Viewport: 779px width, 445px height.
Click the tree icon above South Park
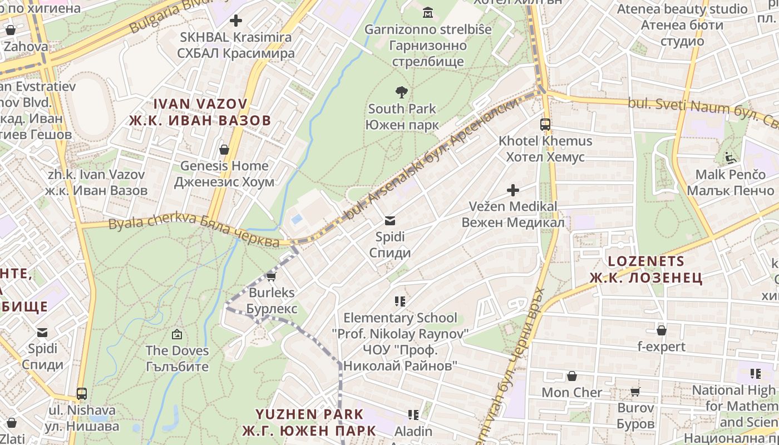(401, 92)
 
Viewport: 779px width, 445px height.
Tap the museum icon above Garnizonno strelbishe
(428, 12)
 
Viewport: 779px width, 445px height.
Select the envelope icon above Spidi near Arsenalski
(390, 221)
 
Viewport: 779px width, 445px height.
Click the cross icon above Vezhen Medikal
(512, 191)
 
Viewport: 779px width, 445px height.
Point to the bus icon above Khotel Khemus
(545, 125)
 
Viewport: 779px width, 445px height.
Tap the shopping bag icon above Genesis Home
(224, 150)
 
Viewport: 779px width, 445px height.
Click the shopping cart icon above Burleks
(271, 276)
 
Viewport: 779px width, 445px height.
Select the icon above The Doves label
(177, 334)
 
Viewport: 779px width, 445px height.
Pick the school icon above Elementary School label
(400, 301)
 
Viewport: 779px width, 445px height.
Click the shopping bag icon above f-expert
(662, 331)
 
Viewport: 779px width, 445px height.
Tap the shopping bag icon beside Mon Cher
(571, 377)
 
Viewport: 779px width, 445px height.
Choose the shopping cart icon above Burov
(635, 392)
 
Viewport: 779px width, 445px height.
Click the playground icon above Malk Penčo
(731, 158)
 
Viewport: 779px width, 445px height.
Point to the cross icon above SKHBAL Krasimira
(235, 21)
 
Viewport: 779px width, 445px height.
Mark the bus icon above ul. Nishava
(82, 394)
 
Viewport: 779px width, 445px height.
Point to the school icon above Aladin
(413, 415)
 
